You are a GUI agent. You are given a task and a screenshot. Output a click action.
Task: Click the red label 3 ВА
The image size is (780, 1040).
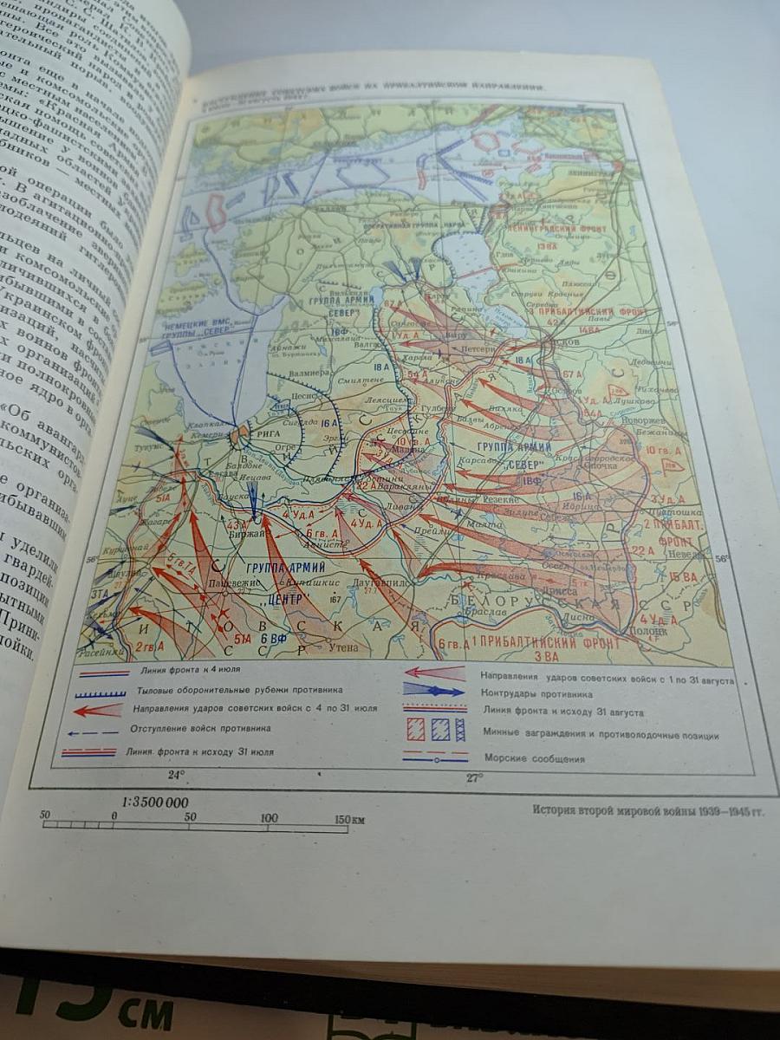(548, 657)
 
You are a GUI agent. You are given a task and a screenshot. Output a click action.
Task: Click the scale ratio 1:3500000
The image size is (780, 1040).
(155, 803)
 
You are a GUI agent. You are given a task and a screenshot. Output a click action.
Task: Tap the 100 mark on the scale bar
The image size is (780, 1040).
(269, 817)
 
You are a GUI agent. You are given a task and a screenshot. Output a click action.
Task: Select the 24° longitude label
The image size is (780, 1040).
(176, 774)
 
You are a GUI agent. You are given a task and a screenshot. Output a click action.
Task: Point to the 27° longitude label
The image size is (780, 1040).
(474, 777)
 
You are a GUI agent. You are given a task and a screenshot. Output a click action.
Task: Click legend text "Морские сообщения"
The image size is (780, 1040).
(534, 759)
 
